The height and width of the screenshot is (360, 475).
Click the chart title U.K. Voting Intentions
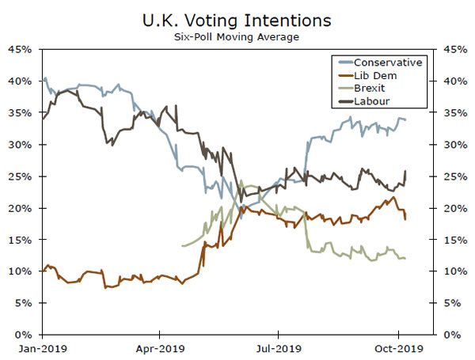(x=237, y=18)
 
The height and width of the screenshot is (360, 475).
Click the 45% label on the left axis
(x=20, y=49)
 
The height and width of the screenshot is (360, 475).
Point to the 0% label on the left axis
(x=23, y=335)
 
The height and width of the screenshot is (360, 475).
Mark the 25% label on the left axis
(x=20, y=176)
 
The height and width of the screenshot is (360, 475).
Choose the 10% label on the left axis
(x=20, y=271)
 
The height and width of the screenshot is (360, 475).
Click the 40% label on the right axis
(x=454, y=81)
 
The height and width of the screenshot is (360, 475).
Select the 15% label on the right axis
(x=454, y=240)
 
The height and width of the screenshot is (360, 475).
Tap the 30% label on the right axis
(x=454, y=145)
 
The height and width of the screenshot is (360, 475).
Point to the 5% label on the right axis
(x=451, y=303)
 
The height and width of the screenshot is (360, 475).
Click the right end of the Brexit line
(x=406, y=258)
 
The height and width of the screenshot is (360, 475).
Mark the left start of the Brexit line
(x=182, y=246)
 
